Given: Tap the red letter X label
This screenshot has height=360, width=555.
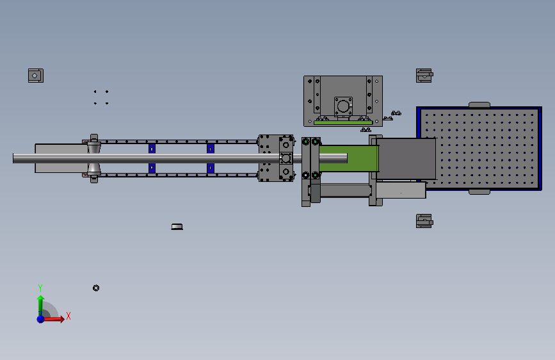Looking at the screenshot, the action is (x=68, y=316).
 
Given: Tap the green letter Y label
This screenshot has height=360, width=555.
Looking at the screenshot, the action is (x=40, y=288).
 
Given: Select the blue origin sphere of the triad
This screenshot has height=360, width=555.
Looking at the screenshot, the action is (x=40, y=319).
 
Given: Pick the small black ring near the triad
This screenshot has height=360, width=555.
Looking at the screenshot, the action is (x=96, y=288).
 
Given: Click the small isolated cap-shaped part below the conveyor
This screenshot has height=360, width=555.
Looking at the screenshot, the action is (x=177, y=227).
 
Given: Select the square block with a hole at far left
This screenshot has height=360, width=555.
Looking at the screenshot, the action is (x=36, y=76).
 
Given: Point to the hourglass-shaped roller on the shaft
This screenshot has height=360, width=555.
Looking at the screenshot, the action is (x=94, y=158).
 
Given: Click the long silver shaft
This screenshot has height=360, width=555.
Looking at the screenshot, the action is (x=180, y=158).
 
